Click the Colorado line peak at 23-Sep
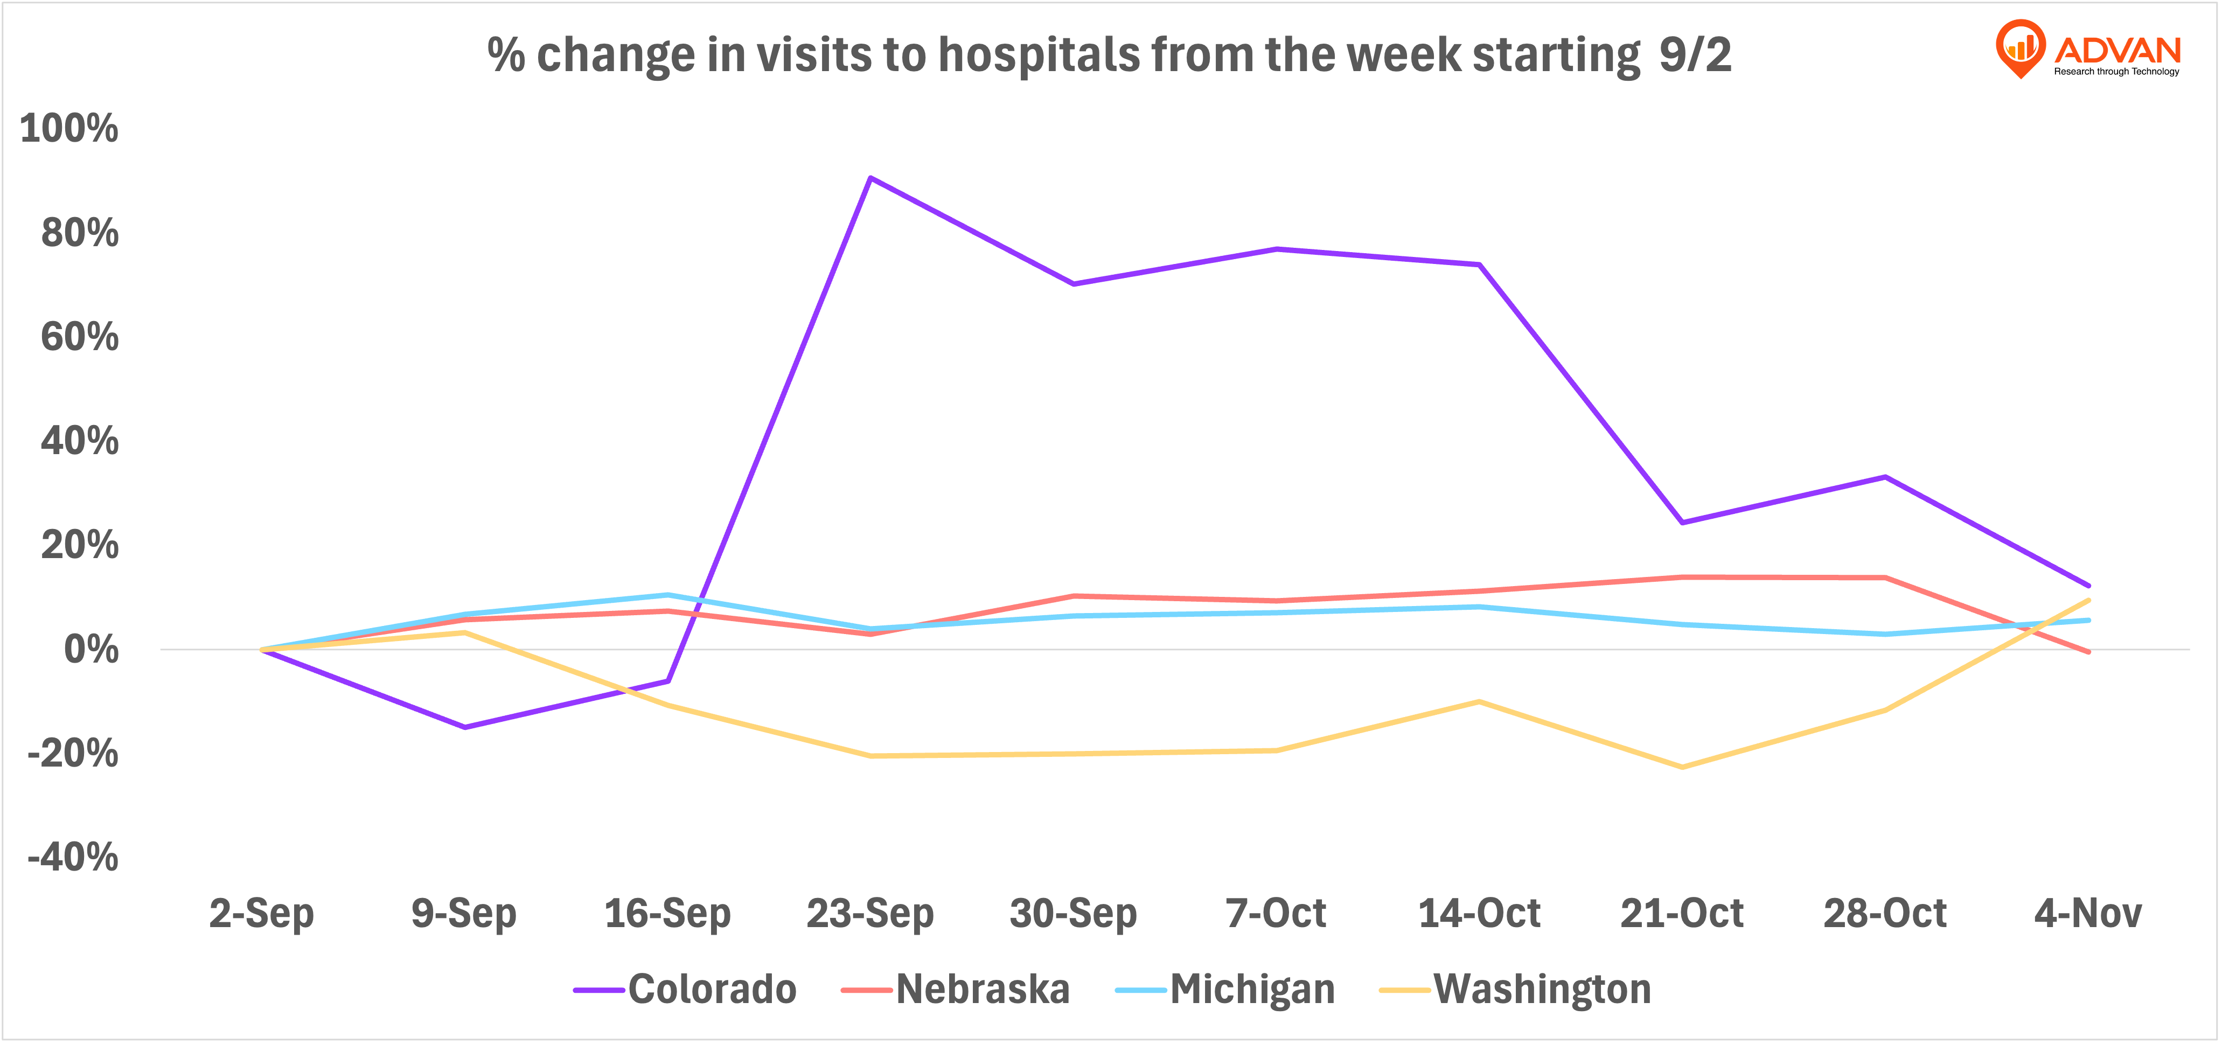pos(870,178)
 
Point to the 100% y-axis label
pos(69,129)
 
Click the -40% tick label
pos(73,858)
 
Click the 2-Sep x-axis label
pos(261,914)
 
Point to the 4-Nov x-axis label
pos(2087,914)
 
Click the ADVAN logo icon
pos(2020,47)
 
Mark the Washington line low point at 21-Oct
pos(1682,767)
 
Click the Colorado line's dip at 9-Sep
pos(465,727)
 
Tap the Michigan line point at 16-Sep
pos(667,595)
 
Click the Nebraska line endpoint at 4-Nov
pos(2088,652)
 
